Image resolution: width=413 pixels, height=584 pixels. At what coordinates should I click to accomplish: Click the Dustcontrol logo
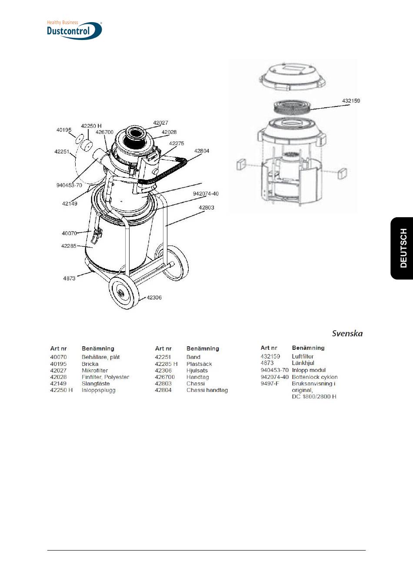click(74, 30)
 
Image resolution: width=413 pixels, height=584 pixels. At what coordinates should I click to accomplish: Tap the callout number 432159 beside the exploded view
click(351, 101)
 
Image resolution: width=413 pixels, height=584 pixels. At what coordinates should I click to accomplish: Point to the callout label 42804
click(201, 151)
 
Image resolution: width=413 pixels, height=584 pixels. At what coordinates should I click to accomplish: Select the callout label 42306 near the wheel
click(154, 298)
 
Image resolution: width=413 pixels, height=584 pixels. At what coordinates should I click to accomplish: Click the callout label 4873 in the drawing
click(69, 279)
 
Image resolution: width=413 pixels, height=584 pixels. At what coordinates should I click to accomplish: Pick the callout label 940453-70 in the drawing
click(69, 186)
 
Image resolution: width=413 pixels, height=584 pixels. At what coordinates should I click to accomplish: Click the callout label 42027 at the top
click(160, 123)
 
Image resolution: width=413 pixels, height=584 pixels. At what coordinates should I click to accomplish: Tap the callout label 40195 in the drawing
click(64, 130)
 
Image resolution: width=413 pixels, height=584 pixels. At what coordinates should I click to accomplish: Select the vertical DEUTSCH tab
click(403, 248)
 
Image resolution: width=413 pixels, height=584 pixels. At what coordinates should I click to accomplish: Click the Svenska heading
click(347, 334)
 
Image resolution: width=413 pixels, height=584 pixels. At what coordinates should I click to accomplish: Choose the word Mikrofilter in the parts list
click(95, 371)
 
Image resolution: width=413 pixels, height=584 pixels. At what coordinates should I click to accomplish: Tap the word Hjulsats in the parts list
click(197, 371)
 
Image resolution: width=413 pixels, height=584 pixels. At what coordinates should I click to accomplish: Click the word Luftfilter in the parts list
click(303, 356)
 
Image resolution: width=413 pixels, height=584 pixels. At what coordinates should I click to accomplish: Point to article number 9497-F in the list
click(270, 384)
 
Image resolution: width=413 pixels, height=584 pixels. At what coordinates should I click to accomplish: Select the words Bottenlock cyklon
click(315, 377)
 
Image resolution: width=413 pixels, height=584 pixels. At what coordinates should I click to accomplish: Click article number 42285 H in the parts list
click(166, 364)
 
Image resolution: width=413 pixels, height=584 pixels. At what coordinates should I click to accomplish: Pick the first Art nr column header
click(59, 348)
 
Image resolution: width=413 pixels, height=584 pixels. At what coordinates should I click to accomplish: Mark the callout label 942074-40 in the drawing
click(206, 194)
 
